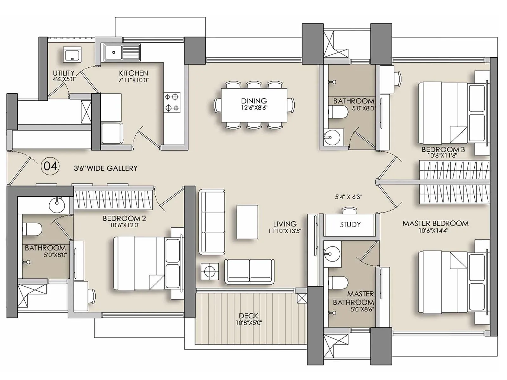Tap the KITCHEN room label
(133, 73)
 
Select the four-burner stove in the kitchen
(172, 102)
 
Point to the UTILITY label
(64, 73)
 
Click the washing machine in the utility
(73, 54)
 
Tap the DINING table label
(254, 101)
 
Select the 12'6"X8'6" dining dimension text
(254, 108)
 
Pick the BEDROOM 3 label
(443, 149)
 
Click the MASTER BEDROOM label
(435, 223)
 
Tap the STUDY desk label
(350, 225)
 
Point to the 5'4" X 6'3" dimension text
(348, 197)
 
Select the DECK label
(248, 316)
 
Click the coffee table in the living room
(247, 222)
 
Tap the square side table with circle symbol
(209, 271)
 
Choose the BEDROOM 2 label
(124, 218)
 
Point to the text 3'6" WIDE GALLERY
(106, 168)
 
